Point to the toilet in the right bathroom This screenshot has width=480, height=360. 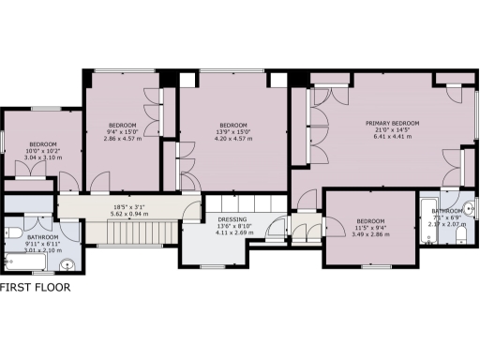(x=469, y=208)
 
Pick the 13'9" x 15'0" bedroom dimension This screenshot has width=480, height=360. (x=233, y=133)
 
